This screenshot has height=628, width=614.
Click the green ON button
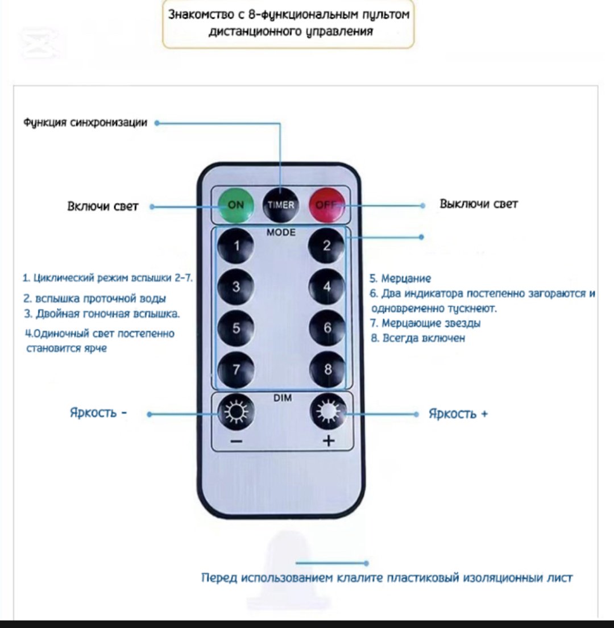[236, 206]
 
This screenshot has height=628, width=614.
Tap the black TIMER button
[281, 206]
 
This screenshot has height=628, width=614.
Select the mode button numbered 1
[236, 246]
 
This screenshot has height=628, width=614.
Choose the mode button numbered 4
[327, 287]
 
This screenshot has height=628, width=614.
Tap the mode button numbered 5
[236, 328]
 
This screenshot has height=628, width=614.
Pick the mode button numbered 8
[327, 369]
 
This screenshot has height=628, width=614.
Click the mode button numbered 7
[236, 369]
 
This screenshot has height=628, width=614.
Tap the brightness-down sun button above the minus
[236, 411]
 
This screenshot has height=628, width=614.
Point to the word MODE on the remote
[281, 232]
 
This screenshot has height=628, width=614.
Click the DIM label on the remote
[283, 398]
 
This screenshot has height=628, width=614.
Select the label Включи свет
[102, 206]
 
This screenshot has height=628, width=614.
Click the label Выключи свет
[479, 204]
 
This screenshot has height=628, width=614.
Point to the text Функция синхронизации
[85, 122]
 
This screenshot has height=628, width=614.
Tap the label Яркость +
[458, 414]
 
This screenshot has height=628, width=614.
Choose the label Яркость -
[98, 412]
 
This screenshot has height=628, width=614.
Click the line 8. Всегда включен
[418, 338]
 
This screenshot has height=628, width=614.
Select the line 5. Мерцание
[400, 278]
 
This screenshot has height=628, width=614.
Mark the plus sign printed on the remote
[329, 441]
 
